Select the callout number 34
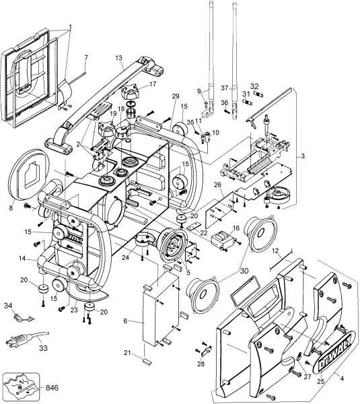(x=9, y=306)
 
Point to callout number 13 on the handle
(x=118, y=58)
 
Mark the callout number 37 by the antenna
(x=225, y=88)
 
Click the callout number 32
(x=255, y=86)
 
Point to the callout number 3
(x=303, y=156)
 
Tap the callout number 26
(x=217, y=184)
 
